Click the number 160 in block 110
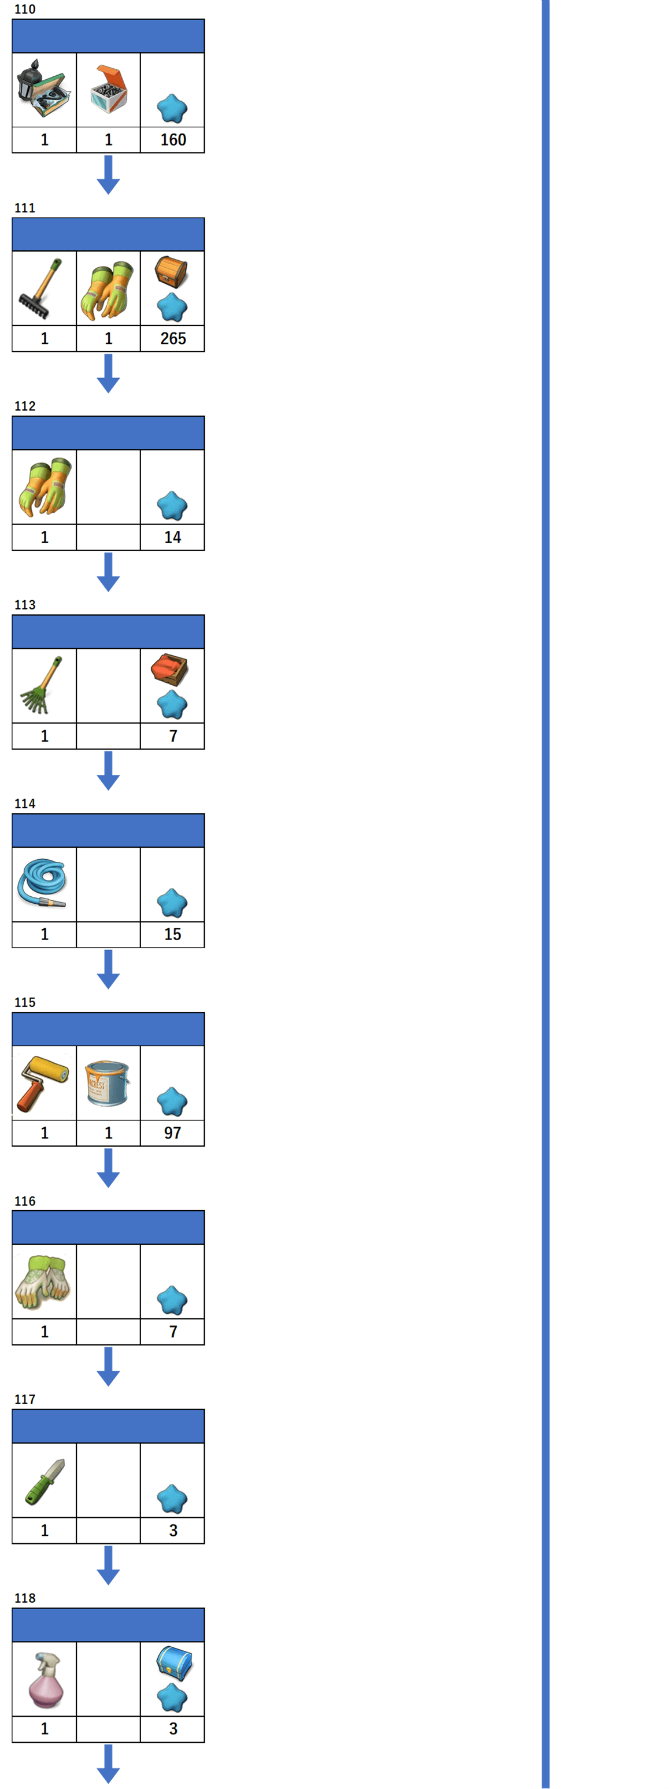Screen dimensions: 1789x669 pyautogui.click(x=173, y=139)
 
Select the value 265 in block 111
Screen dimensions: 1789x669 pyautogui.click(x=173, y=338)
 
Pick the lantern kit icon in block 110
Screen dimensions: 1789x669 pyautogui.click(x=42, y=89)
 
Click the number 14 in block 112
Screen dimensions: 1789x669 pyautogui.click(x=172, y=537)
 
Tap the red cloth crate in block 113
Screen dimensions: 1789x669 pyautogui.click(x=169, y=669)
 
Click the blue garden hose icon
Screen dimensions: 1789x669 pyautogui.click(x=42, y=883)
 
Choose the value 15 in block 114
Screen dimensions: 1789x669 pyautogui.click(x=172, y=934)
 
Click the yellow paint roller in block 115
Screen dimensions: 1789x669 pyautogui.click(x=42, y=1082)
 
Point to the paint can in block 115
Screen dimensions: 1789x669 pyautogui.click(x=108, y=1082)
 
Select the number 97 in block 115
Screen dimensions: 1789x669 pyautogui.click(x=172, y=1133)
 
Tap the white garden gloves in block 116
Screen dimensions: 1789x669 pyautogui.click(x=42, y=1282)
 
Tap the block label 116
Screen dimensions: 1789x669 pyautogui.click(x=25, y=1201)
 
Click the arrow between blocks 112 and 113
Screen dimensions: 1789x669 pyautogui.click(x=108, y=572)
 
